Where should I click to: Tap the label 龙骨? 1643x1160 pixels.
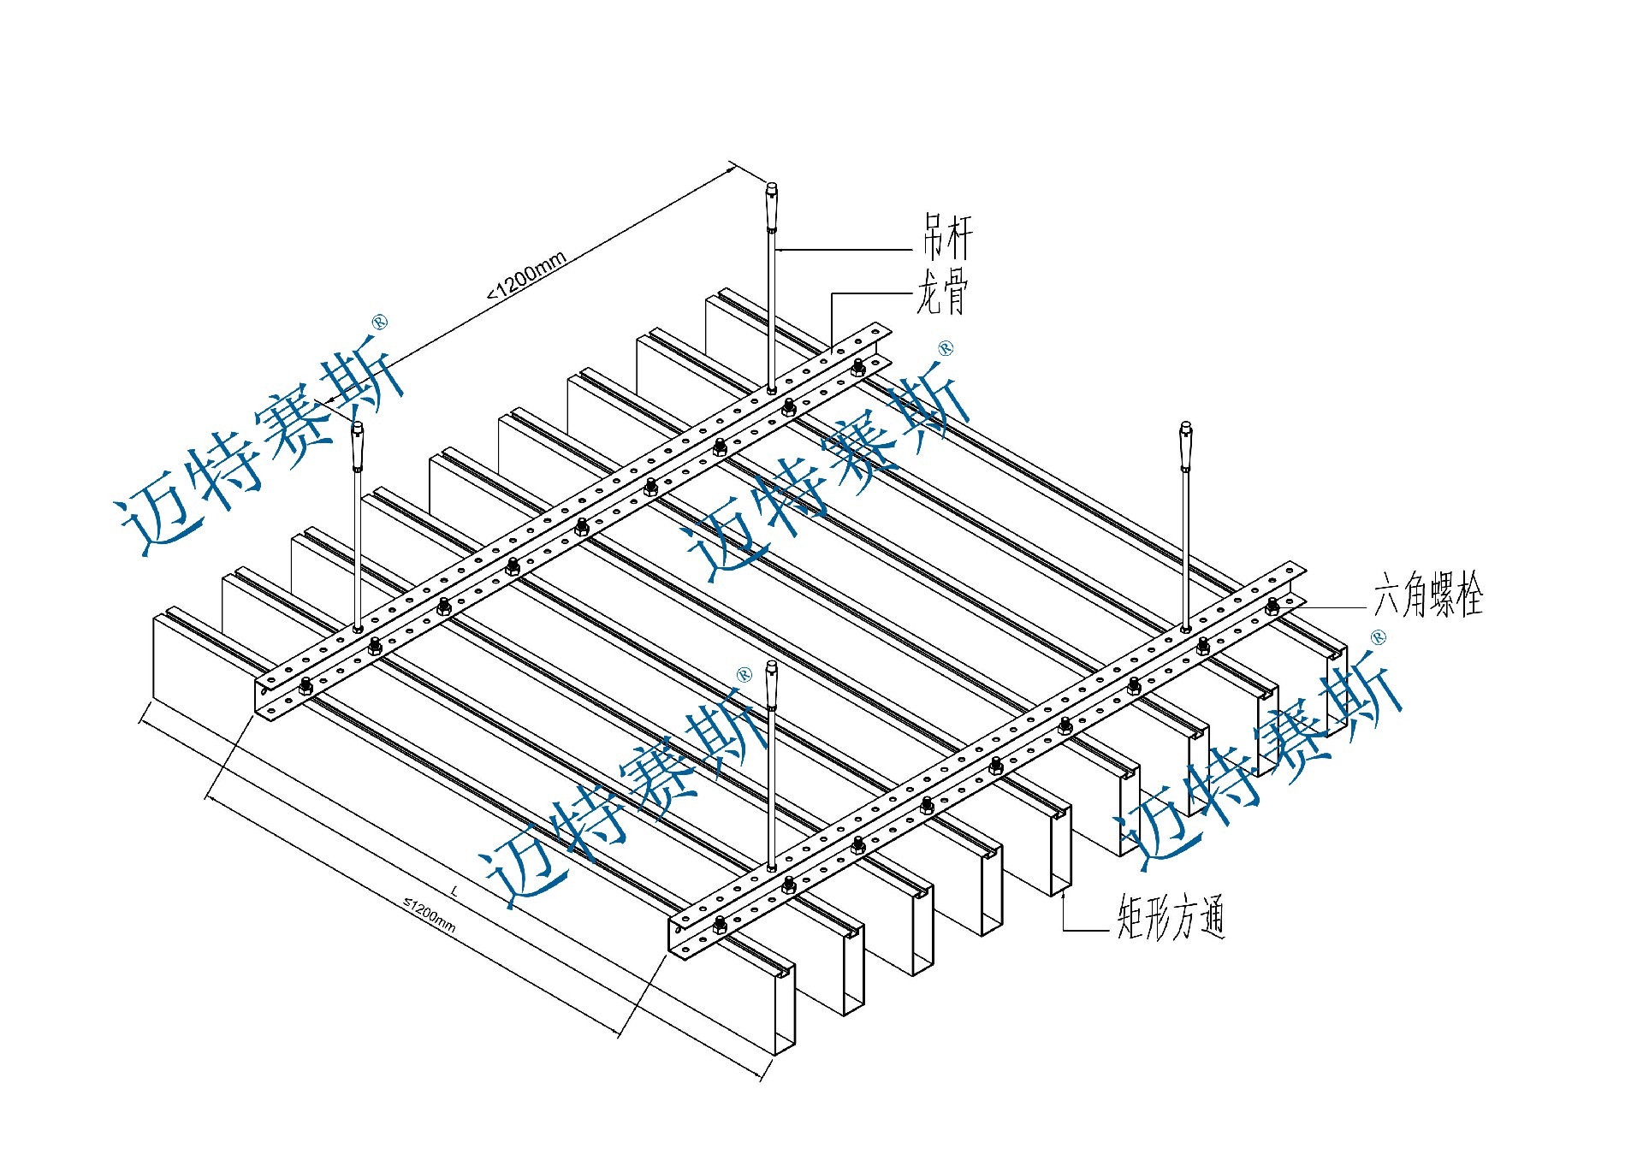point(942,293)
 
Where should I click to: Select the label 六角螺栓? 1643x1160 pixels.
point(1427,595)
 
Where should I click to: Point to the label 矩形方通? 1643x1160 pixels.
point(1170,917)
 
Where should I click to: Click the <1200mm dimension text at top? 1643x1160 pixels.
point(527,275)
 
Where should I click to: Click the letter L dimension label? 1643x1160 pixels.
point(454,891)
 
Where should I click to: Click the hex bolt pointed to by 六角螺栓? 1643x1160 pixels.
point(1272,607)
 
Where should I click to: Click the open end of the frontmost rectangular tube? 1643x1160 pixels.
point(784,1009)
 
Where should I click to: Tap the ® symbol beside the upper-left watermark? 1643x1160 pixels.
point(380,323)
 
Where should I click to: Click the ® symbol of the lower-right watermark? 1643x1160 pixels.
point(1378,636)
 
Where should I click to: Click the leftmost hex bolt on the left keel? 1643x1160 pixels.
point(305,685)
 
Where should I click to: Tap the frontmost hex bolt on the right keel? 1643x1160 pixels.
point(720,922)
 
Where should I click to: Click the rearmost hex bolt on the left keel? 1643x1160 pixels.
point(858,368)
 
